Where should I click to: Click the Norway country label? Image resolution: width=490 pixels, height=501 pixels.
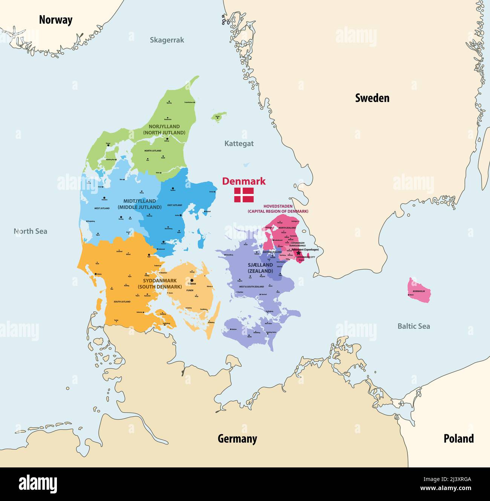click(55, 20)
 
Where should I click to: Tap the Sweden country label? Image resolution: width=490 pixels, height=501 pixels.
click(372, 98)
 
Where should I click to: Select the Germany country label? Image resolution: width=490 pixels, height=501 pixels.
click(237, 438)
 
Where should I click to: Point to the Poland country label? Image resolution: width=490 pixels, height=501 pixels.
click(458, 438)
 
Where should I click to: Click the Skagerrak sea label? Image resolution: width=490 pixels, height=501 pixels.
click(167, 40)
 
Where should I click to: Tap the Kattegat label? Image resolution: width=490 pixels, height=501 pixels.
click(239, 143)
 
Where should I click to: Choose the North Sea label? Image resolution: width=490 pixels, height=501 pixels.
click(31, 231)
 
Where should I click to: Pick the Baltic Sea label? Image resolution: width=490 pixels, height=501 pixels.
click(413, 326)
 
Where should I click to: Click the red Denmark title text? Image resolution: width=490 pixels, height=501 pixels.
click(243, 181)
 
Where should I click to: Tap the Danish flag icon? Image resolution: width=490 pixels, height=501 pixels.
click(244, 195)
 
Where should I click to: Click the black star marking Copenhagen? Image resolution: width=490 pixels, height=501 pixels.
click(299, 253)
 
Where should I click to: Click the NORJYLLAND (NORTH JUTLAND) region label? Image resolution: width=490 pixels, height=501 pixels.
click(164, 129)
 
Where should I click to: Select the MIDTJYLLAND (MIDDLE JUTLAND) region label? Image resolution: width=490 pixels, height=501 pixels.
click(139, 204)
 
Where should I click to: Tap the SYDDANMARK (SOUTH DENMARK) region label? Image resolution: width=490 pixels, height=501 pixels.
click(160, 284)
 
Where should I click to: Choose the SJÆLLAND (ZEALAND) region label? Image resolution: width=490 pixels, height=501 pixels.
click(260, 268)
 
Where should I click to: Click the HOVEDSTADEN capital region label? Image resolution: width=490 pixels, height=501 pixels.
click(278, 209)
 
